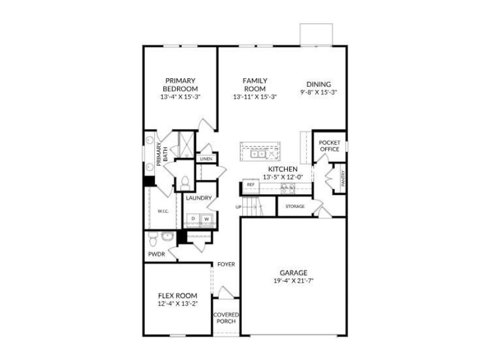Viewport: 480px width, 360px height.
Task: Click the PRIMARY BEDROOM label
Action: point(181,85)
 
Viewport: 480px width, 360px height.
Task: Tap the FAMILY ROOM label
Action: point(255,85)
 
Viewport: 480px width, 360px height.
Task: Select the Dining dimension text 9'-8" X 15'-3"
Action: point(319,92)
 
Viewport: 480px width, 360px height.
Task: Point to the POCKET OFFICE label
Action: point(329,146)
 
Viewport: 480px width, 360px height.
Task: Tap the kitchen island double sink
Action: point(258,154)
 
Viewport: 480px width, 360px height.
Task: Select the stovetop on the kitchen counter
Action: point(288,188)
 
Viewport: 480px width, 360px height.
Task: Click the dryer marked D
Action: point(193,219)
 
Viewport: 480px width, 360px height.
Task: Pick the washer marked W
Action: point(207,219)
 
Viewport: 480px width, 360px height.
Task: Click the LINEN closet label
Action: point(206,159)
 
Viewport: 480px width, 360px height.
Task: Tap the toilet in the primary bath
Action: point(185,183)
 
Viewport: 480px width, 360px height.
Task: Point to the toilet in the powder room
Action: point(153,239)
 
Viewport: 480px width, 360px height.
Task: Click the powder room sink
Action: point(167,237)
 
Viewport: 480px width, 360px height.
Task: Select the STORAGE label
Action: point(295,206)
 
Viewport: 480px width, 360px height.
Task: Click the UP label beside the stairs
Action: point(238,207)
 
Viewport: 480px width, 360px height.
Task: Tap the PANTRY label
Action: point(343,178)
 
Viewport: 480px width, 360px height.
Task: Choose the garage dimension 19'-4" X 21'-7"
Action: point(294,281)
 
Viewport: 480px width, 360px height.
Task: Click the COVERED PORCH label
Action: point(226,318)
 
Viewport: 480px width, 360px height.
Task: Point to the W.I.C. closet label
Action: point(163,211)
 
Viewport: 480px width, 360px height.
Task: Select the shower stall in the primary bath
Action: point(186,145)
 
